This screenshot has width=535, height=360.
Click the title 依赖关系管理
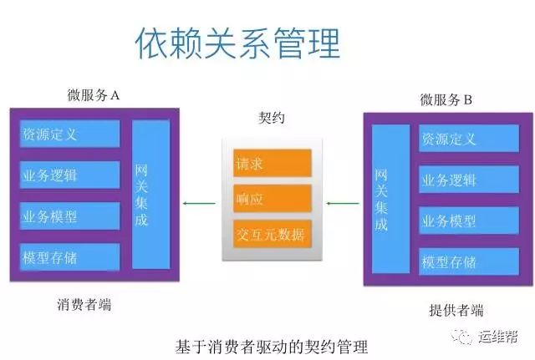click(x=237, y=43)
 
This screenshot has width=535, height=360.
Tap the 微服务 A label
click(x=93, y=95)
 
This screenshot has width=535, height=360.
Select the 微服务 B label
click(x=446, y=100)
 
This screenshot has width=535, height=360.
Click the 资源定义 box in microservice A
click(x=70, y=134)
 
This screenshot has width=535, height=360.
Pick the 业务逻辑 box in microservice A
click(x=70, y=175)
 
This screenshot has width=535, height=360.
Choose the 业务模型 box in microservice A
click(x=70, y=216)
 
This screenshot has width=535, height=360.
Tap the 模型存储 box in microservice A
click(x=70, y=257)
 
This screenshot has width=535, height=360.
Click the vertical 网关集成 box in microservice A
click(x=150, y=195)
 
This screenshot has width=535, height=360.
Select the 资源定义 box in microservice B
click(x=469, y=139)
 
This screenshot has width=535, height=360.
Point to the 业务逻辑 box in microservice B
click(x=469, y=180)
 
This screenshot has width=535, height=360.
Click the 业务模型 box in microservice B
click(x=469, y=221)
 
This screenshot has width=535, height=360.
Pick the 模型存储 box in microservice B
click(x=469, y=261)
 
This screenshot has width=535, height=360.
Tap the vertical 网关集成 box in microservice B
click(x=390, y=199)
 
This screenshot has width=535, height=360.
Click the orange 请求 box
click(x=273, y=163)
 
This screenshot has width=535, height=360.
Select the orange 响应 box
click(x=273, y=199)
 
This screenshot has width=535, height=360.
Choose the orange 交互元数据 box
click(x=273, y=234)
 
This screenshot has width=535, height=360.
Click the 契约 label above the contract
click(x=271, y=118)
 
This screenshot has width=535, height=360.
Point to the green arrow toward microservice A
click(x=199, y=204)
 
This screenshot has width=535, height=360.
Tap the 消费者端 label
click(x=84, y=304)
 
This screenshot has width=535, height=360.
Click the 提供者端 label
click(x=456, y=310)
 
